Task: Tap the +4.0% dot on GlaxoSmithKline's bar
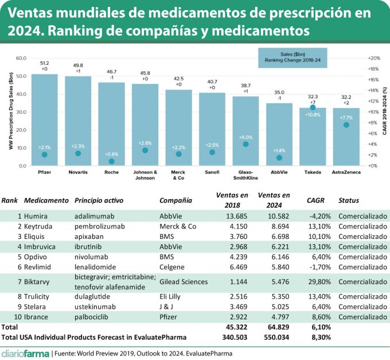(x=245, y=144)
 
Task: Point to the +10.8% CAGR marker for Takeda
(x=313, y=107)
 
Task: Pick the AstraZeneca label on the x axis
(x=346, y=172)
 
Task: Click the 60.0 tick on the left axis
(x=21, y=59)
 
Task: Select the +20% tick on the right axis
(x=374, y=59)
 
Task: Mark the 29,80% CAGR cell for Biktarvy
(x=318, y=282)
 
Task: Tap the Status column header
(x=349, y=201)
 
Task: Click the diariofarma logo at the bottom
(x=25, y=352)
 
